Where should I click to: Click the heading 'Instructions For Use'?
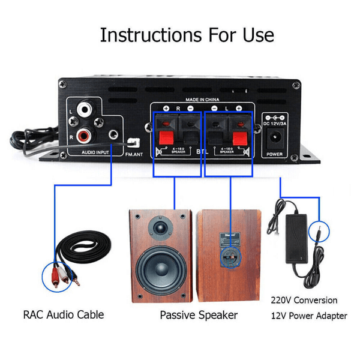[x=187, y=34]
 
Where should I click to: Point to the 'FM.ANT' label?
[x=135, y=154]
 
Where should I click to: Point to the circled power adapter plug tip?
[x=319, y=232]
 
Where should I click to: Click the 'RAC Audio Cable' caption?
[x=63, y=314]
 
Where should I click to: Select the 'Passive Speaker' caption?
[x=199, y=315]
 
